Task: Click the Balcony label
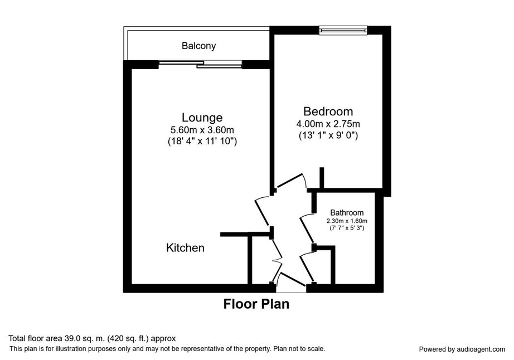click(x=198, y=46)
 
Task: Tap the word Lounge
click(x=202, y=117)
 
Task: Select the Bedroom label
click(x=328, y=111)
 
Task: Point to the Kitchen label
click(x=185, y=247)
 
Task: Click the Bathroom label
click(x=347, y=212)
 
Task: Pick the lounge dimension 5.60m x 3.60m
click(x=202, y=130)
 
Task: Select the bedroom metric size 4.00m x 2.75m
click(x=328, y=124)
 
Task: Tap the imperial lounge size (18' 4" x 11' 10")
click(x=202, y=141)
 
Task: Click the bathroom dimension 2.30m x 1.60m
click(x=347, y=221)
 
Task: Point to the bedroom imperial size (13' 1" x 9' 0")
click(x=328, y=135)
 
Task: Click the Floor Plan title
click(x=256, y=304)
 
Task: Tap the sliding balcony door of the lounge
click(x=200, y=65)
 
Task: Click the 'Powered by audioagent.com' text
click(x=462, y=349)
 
